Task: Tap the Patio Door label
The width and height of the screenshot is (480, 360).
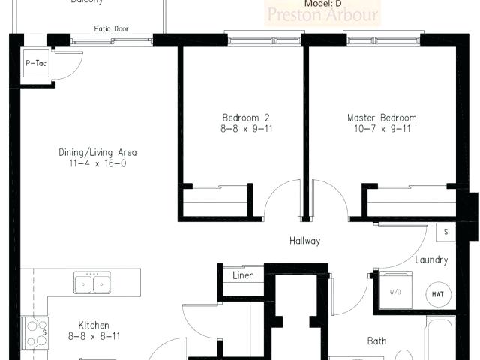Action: pos(111,29)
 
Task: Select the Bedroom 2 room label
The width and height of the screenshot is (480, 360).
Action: pos(245,118)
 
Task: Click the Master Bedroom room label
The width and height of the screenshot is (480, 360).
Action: pos(381,118)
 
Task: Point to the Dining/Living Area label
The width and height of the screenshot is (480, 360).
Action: pos(97,152)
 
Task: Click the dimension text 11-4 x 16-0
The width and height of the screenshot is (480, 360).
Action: pos(97,163)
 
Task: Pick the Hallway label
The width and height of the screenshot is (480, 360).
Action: pos(305,241)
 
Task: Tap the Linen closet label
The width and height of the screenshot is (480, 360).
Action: pos(242,275)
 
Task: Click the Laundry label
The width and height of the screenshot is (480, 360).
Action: pos(431,260)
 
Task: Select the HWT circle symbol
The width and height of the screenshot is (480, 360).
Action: pos(437,293)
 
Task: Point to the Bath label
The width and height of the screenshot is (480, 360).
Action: pos(376,341)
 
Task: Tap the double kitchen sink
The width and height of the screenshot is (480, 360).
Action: pos(92,283)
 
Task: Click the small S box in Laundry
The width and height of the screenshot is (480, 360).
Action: pos(446,232)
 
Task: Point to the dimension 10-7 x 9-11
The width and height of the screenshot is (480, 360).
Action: pos(381,128)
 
